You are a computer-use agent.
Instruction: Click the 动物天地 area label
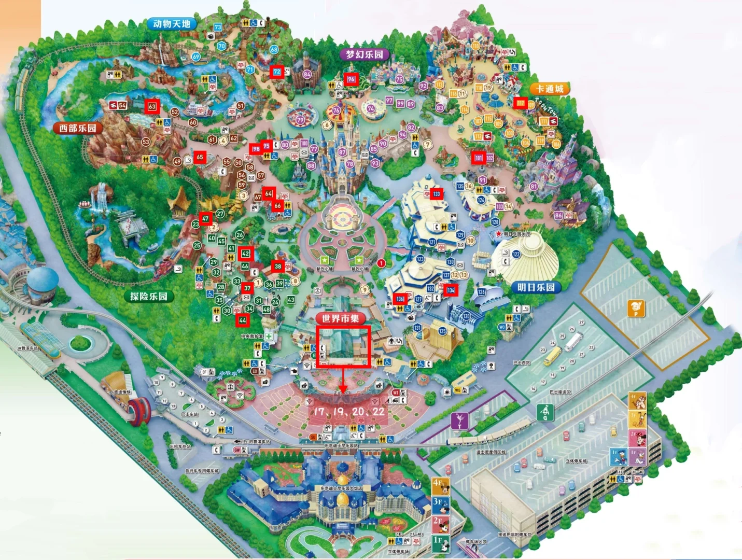(172, 24)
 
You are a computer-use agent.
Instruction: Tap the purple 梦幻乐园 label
(365, 54)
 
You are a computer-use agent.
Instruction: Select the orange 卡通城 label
(550, 89)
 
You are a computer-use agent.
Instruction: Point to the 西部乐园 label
(77, 128)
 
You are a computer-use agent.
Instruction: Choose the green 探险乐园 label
(149, 296)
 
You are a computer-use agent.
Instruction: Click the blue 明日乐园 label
(536, 287)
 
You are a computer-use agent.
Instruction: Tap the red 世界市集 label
(340, 318)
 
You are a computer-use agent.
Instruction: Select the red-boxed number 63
(152, 106)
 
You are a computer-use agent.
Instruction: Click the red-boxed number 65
(200, 157)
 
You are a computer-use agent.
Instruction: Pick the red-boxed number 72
(277, 72)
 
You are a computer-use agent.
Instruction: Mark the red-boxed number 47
(205, 219)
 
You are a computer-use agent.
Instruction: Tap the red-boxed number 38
(278, 267)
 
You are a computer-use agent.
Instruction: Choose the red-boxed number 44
(242, 320)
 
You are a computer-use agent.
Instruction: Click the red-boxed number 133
(436, 194)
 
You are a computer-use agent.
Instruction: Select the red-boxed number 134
(451, 290)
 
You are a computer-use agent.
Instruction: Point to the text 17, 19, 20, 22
(349, 411)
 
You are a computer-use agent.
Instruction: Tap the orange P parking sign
(636, 308)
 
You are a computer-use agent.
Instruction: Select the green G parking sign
(545, 412)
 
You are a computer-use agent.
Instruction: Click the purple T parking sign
(459, 420)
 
